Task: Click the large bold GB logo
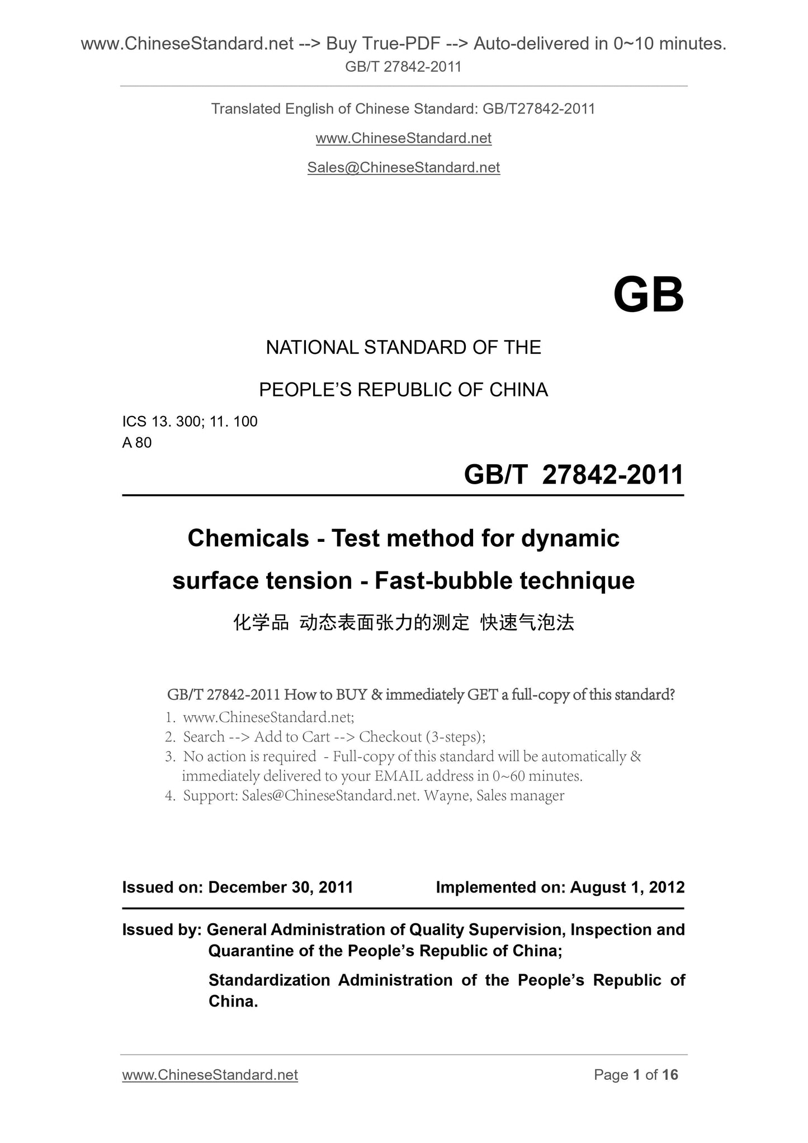(648, 295)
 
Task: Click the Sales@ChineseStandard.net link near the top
(403, 167)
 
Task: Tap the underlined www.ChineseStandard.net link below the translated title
(403, 138)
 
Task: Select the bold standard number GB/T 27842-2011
(574, 475)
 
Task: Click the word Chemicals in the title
(248, 539)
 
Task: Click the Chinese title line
(403, 622)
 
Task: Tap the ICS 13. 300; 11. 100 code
(190, 422)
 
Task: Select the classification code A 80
(137, 443)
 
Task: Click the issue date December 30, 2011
(280, 887)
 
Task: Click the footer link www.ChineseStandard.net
(210, 1075)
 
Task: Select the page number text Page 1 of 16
(636, 1075)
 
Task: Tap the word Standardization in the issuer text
(269, 980)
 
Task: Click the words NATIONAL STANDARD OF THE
(403, 348)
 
